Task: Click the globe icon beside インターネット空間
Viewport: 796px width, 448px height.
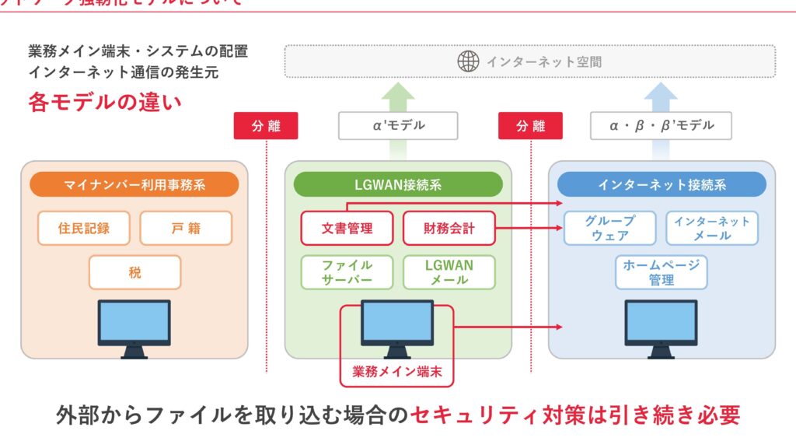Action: point(468,61)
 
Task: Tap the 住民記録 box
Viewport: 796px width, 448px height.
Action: point(83,228)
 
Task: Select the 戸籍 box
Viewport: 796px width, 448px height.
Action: point(186,228)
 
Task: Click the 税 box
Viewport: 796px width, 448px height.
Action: point(134,272)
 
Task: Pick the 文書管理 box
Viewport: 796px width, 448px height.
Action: point(347,228)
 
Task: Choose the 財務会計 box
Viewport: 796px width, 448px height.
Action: point(449,228)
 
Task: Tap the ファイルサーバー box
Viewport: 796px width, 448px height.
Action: point(347,272)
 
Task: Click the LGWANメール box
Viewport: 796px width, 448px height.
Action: point(449,272)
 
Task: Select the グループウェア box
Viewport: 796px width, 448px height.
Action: point(610,228)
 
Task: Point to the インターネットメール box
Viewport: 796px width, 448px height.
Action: point(712,228)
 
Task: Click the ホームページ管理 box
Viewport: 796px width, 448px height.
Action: point(661,272)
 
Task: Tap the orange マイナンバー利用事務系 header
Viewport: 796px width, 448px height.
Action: point(134,184)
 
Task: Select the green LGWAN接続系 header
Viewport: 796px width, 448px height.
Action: point(398,184)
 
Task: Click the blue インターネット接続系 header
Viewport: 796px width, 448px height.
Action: point(662,184)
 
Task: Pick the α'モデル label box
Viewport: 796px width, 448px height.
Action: point(398,125)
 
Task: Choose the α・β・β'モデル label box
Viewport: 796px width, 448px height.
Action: point(661,125)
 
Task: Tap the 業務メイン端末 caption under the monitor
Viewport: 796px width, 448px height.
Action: point(397,372)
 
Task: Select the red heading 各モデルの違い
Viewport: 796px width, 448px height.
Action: point(104,102)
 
